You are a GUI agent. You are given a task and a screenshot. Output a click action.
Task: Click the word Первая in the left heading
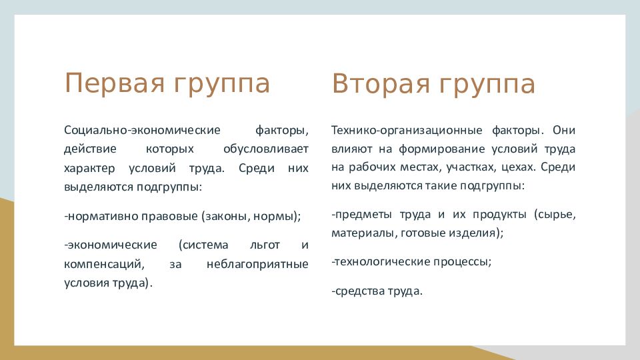(x=114, y=84)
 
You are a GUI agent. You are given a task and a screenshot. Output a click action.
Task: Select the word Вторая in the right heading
(x=381, y=84)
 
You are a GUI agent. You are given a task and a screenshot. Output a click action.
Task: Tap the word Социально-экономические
(x=142, y=130)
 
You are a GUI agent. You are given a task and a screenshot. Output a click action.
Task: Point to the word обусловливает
(x=266, y=149)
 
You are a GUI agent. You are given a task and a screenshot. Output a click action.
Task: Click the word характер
(x=89, y=168)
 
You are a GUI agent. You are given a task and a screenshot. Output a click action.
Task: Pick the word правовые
(x=169, y=216)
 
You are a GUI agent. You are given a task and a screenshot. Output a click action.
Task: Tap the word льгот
(x=265, y=245)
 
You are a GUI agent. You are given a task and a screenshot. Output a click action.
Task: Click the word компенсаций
(x=104, y=264)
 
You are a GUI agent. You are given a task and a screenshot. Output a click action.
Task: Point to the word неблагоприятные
(x=257, y=264)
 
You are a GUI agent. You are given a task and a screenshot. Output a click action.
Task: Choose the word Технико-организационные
(x=407, y=130)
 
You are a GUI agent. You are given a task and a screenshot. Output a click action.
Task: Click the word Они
(x=564, y=130)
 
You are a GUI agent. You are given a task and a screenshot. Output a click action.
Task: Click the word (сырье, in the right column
(x=555, y=215)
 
